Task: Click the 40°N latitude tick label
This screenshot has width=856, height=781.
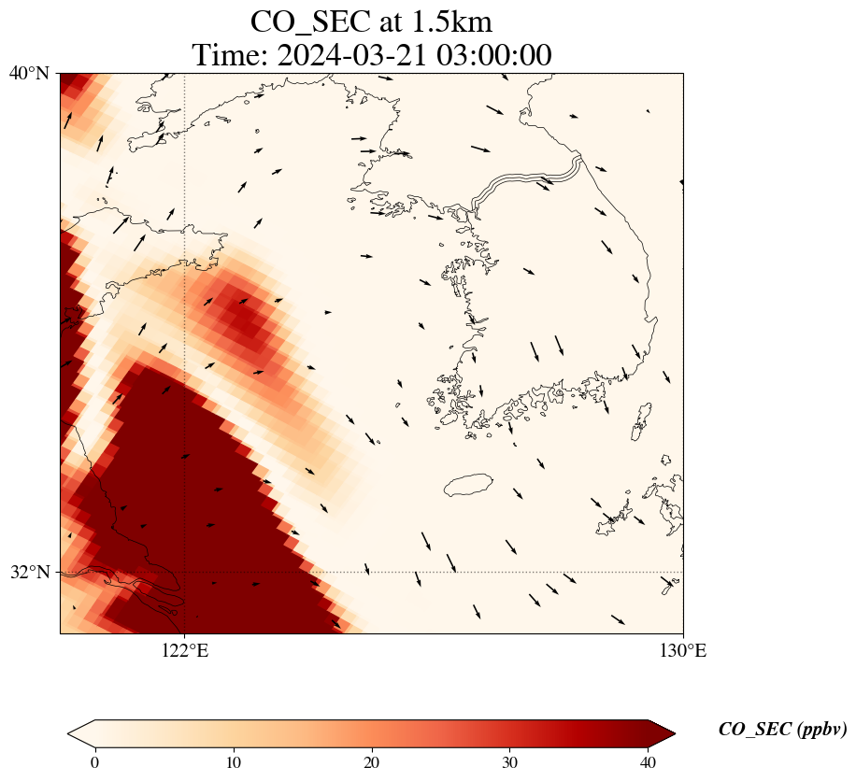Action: click(x=30, y=73)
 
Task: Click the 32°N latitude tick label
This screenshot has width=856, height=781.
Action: click(x=30, y=572)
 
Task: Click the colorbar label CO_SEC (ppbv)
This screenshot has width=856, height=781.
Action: click(x=782, y=730)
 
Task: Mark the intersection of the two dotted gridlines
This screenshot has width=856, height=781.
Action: click(x=185, y=572)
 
